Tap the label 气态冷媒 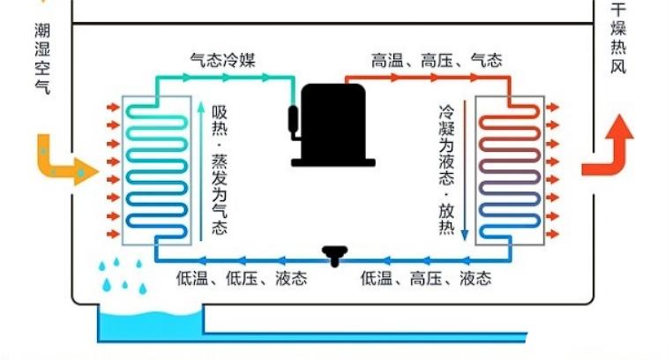[x=227, y=60]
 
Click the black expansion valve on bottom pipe [x=334, y=256]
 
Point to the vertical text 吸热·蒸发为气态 [x=219, y=168]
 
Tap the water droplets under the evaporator [x=120, y=278]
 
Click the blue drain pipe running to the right [x=370, y=335]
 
